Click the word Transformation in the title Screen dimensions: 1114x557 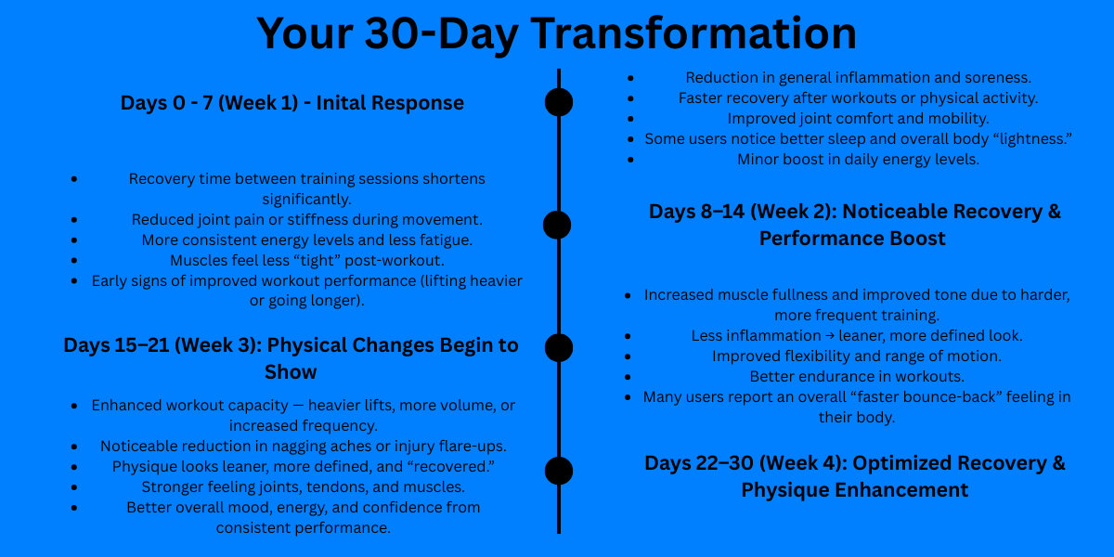coord(693,33)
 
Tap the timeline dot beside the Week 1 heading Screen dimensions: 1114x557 coord(559,102)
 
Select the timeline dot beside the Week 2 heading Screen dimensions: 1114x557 coord(557,225)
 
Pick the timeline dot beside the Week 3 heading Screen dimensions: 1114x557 coord(559,347)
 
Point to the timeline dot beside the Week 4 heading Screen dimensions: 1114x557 coord(559,471)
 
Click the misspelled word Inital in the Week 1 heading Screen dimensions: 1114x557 coord(338,103)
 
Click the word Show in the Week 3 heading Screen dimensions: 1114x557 coord(291,372)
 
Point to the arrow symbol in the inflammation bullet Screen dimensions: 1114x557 coord(830,336)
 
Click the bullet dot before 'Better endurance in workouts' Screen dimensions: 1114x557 coord(628,377)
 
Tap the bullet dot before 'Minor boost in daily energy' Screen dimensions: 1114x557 coord(630,160)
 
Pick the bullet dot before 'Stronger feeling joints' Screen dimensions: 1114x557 coord(74,487)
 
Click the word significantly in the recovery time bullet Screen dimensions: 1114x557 coord(307,200)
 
